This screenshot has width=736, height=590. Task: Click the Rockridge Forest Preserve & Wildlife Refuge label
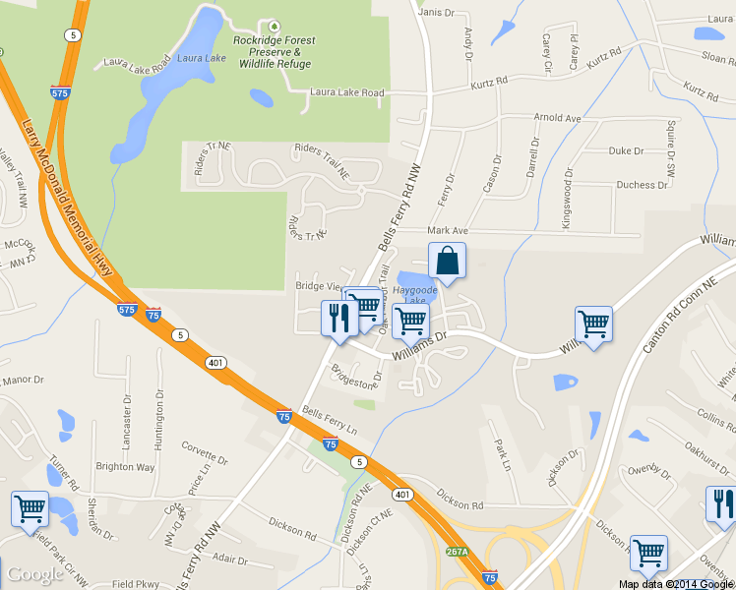click(x=274, y=52)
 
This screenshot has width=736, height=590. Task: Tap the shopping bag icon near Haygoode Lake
click(x=447, y=262)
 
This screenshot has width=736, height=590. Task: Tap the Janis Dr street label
click(x=437, y=13)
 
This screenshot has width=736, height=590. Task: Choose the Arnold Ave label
click(x=557, y=118)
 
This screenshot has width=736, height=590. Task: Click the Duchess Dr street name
click(x=642, y=185)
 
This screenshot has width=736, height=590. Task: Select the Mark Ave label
click(x=448, y=231)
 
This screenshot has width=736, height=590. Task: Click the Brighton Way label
click(x=125, y=467)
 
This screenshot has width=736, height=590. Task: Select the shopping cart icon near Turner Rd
click(x=30, y=508)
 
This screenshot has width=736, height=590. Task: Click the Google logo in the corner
click(x=34, y=574)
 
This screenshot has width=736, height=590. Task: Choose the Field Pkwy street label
click(x=136, y=584)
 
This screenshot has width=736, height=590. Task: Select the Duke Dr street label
click(x=625, y=151)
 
